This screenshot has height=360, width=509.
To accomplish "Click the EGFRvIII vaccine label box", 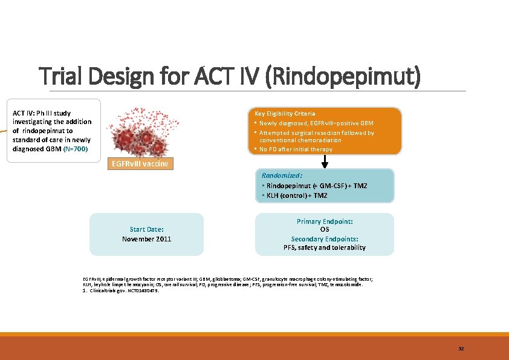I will [x=139, y=164].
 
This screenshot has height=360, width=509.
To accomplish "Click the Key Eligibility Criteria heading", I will [x=285, y=114].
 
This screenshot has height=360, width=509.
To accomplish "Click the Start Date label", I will [x=146, y=229].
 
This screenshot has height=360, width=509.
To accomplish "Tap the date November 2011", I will [x=146, y=239].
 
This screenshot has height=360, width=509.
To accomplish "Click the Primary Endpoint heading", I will [x=325, y=222].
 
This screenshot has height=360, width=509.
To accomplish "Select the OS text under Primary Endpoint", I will [x=325, y=230].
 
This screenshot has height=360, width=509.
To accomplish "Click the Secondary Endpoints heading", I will [x=325, y=239].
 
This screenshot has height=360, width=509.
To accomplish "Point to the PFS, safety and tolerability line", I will [x=325, y=247].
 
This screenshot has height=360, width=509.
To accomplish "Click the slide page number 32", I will [x=461, y=349].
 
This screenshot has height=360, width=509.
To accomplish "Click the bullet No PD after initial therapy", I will [x=296, y=149].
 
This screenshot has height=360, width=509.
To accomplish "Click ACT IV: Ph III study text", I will [x=42, y=113].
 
